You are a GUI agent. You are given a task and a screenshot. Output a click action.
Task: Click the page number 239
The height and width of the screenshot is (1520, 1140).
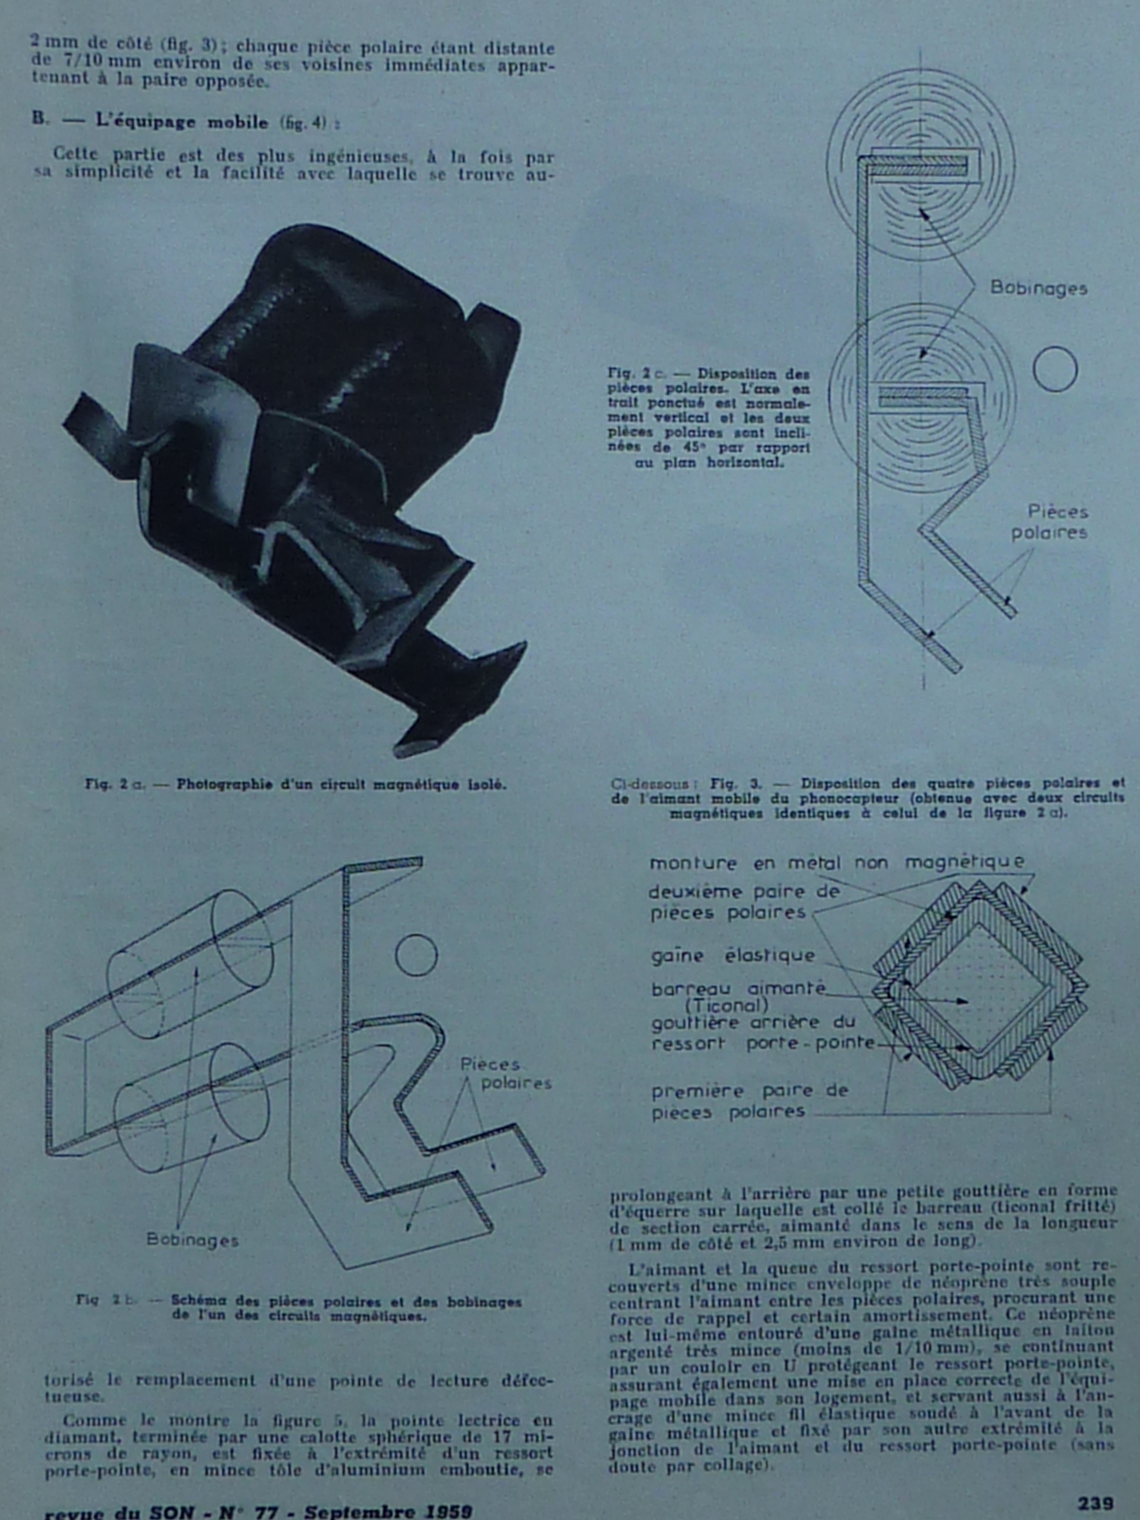click(x=1094, y=1503)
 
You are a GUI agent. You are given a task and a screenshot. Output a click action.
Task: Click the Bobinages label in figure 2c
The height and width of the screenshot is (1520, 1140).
click(x=1037, y=287)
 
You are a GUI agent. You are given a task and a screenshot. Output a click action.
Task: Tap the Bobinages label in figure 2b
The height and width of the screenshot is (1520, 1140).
click(x=192, y=1240)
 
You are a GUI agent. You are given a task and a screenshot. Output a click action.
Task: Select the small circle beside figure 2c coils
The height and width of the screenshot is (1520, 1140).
click(x=1054, y=370)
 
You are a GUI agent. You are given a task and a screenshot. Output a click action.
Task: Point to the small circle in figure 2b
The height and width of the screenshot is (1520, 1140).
click(x=415, y=956)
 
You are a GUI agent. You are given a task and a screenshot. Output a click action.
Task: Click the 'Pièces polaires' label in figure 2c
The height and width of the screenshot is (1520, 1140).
click(x=1049, y=522)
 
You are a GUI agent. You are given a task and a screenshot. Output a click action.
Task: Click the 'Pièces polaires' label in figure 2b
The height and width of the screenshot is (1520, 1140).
click(x=504, y=1073)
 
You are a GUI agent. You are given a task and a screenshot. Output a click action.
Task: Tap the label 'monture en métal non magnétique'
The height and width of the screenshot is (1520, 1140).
click(x=836, y=863)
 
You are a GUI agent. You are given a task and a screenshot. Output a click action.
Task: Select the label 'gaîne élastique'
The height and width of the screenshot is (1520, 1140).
click(x=732, y=956)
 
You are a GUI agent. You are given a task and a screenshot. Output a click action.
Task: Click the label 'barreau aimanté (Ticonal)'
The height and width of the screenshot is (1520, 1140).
click(x=738, y=996)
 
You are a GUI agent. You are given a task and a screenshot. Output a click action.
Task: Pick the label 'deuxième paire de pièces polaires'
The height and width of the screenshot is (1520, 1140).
click(x=743, y=902)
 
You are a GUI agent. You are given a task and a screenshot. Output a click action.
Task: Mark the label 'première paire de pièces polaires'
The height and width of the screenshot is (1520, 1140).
click(x=749, y=1101)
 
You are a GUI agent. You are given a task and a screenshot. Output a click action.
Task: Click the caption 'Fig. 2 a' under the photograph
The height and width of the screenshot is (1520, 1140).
click(x=294, y=785)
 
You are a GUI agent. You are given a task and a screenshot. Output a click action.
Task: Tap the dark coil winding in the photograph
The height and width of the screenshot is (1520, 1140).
click(x=332, y=313)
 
